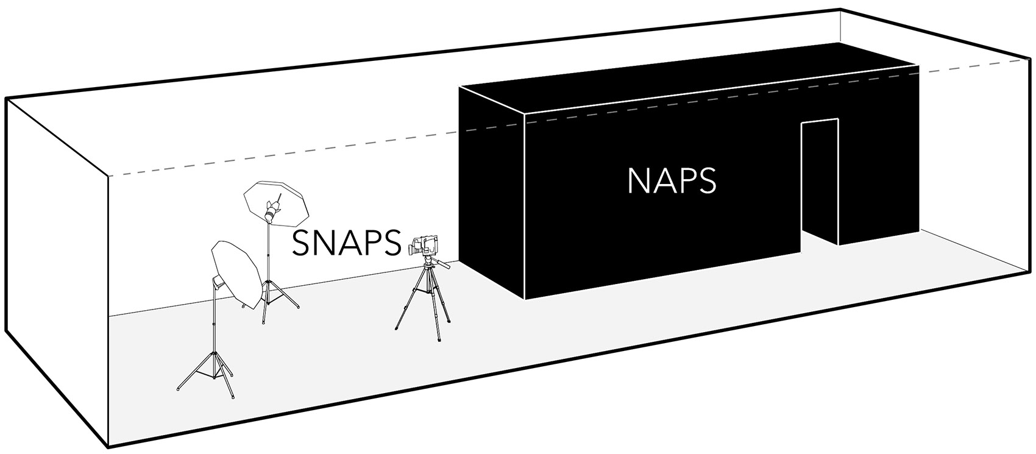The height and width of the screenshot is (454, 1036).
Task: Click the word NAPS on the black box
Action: tap(672, 181)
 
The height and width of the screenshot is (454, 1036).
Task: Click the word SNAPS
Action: tap(346, 242)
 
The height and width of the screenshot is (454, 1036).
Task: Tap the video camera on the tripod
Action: tap(424, 245)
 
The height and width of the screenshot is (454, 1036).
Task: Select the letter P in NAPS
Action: tap(686, 181)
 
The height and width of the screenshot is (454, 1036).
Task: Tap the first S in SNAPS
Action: tap(300, 242)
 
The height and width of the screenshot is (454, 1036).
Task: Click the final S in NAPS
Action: tap(708, 181)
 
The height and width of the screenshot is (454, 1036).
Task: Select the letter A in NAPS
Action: tap(663, 181)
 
